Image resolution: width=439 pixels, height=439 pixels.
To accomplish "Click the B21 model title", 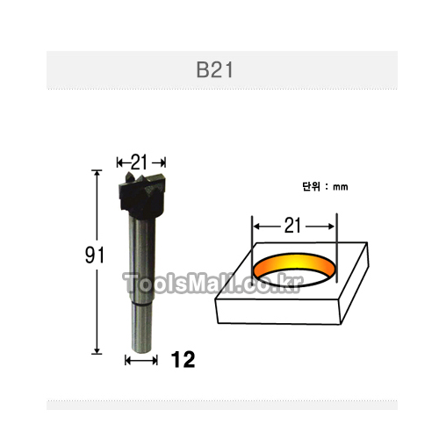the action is click(x=214, y=70).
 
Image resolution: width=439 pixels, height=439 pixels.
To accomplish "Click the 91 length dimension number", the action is click(x=94, y=255).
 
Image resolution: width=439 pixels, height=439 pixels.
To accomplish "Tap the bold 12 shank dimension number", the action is click(x=183, y=359).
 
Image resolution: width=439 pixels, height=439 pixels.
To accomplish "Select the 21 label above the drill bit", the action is click(x=139, y=162).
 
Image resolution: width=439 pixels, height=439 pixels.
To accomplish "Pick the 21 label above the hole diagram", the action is click(x=292, y=226).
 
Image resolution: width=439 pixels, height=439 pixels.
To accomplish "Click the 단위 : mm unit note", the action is click(x=325, y=187).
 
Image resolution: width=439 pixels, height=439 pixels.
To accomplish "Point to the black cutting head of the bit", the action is click(x=142, y=196).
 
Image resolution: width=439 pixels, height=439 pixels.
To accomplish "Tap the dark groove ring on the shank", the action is click(x=142, y=305).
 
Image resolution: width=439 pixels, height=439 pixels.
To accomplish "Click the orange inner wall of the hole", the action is click(x=294, y=264).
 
